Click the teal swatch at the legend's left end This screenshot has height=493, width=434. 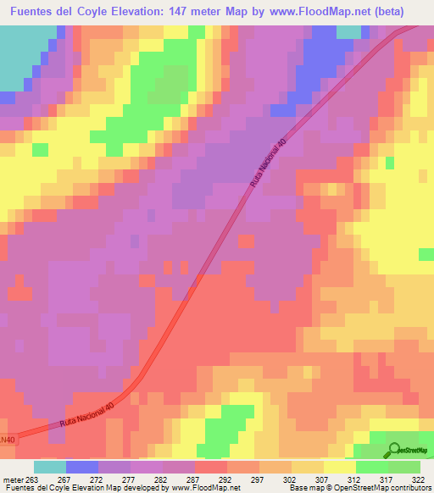click(49, 466)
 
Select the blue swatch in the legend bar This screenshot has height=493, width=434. click(82, 466)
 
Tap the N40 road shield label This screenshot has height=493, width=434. click(8, 440)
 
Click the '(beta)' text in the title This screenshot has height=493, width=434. click(383, 12)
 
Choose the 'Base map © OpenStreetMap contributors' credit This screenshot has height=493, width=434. click(359, 487)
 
